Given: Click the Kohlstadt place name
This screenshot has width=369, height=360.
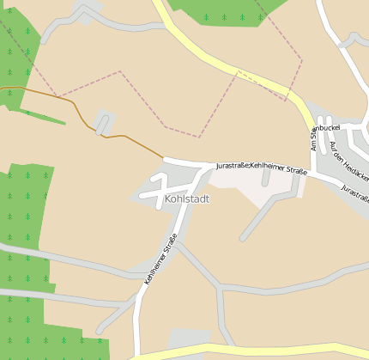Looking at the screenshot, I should pyautogui.click(x=186, y=198).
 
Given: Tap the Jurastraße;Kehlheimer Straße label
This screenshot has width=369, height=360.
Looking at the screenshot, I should pyautogui.click(x=261, y=164).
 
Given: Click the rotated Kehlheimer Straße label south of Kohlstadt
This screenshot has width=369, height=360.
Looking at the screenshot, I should pyautogui.click(x=160, y=258).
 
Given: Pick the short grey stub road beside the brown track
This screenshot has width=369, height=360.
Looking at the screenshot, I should pyautogui.click(x=103, y=123).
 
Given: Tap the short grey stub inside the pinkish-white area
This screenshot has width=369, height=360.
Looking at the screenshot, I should pyautogui.click(x=266, y=177).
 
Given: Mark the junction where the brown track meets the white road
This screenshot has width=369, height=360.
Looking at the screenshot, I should pyautogui.click(x=164, y=159).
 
